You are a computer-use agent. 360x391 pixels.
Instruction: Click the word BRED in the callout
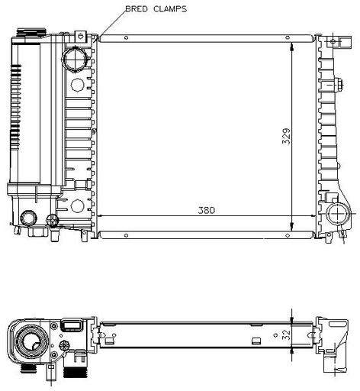(137, 9)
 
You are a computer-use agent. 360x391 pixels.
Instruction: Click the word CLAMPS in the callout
(170, 9)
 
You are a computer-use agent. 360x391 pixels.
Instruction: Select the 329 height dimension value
(286, 136)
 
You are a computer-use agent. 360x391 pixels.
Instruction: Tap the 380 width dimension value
(207, 210)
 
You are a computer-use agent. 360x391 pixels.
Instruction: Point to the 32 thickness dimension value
(286, 335)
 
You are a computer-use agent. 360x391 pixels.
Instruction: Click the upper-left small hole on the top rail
(126, 38)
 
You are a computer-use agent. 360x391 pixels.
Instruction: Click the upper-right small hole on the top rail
(288, 37)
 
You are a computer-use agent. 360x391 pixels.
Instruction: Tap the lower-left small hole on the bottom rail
(126, 235)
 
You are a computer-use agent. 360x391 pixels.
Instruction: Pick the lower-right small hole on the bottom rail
(288, 235)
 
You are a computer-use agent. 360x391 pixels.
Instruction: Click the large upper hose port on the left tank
(76, 59)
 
